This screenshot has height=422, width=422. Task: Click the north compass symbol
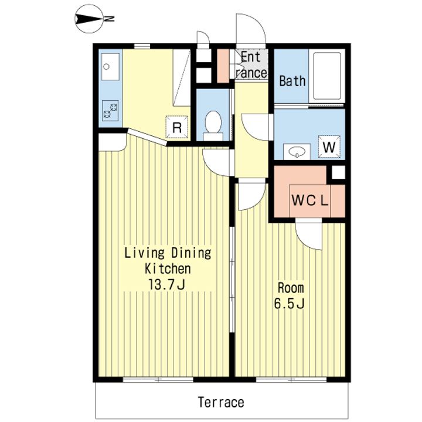89,19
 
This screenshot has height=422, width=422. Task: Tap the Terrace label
221,402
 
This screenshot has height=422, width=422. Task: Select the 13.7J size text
166,284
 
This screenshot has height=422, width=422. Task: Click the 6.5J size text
290,304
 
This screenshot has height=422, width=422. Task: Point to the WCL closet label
310,200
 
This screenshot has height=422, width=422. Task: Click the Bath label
292,81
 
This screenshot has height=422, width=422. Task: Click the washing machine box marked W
329,147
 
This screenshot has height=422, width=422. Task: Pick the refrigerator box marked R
176,127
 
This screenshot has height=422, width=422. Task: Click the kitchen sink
110,66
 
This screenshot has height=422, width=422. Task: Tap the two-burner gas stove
111,111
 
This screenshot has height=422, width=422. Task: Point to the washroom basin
297,152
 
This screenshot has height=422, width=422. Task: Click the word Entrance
251,65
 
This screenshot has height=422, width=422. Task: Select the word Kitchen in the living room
168,268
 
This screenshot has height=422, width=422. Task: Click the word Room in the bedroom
291,288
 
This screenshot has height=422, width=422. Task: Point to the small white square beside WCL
338,172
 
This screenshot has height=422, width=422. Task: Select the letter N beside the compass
110,19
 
